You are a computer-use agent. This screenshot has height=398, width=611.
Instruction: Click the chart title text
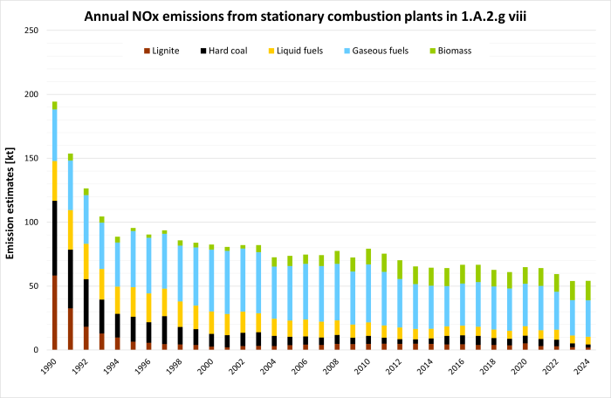point(323,16)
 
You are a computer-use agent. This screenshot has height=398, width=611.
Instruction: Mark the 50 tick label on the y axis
point(33,286)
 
